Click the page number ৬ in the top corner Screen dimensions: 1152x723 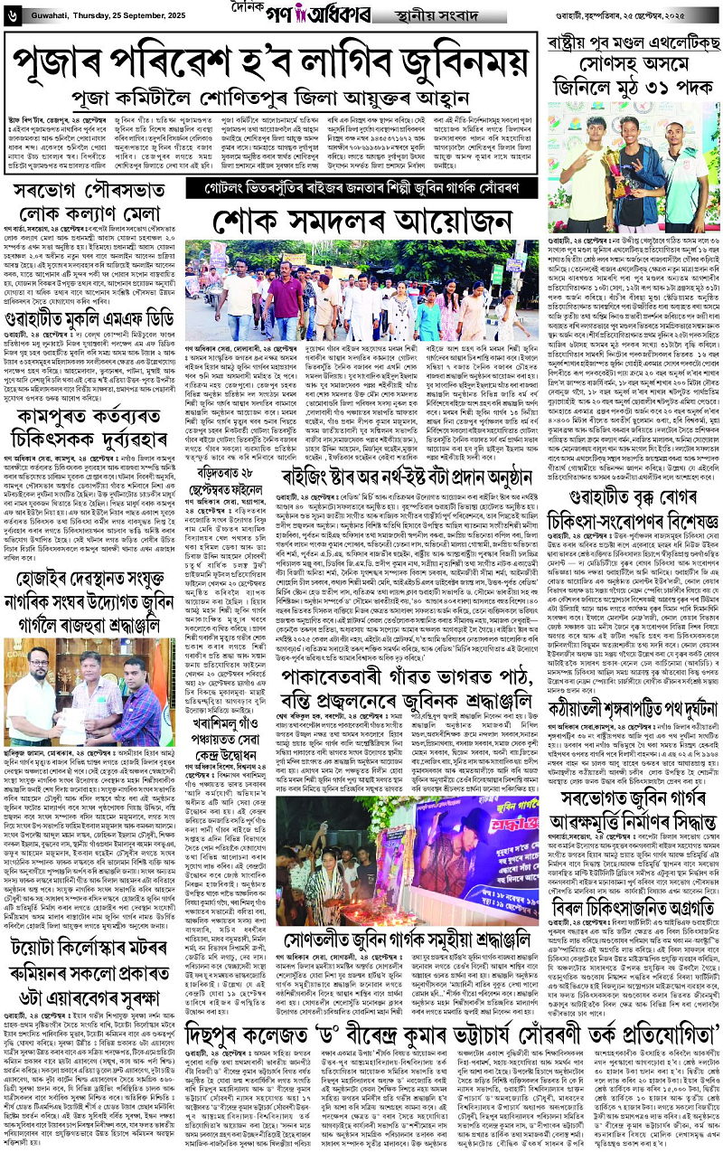(12, 13)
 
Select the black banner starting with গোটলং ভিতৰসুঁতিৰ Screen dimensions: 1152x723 (364, 190)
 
